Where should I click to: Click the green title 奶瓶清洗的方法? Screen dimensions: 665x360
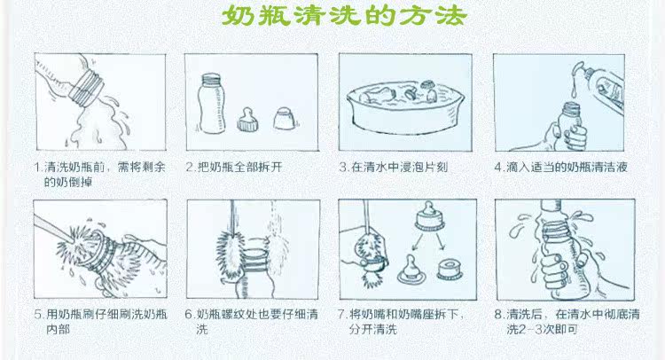point(344,16)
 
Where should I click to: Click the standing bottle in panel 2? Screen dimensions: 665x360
point(211,104)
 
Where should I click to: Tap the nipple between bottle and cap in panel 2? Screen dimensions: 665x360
point(248,119)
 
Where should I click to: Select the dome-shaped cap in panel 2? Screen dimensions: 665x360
point(283,118)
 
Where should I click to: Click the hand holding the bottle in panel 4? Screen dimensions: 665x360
point(569,136)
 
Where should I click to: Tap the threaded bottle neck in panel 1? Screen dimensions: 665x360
point(86,88)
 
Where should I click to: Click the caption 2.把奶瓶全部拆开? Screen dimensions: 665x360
point(234,167)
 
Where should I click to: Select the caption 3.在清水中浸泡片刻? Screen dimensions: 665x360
point(394,167)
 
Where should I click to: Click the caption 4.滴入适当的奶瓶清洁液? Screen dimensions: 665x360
point(560,167)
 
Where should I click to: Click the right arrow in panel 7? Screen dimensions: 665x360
point(440,241)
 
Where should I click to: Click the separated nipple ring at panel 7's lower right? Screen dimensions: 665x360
point(450,270)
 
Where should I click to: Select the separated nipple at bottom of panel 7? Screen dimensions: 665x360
point(411,270)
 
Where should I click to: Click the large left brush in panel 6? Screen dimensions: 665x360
point(230,254)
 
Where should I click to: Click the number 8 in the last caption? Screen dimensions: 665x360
point(498,315)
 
